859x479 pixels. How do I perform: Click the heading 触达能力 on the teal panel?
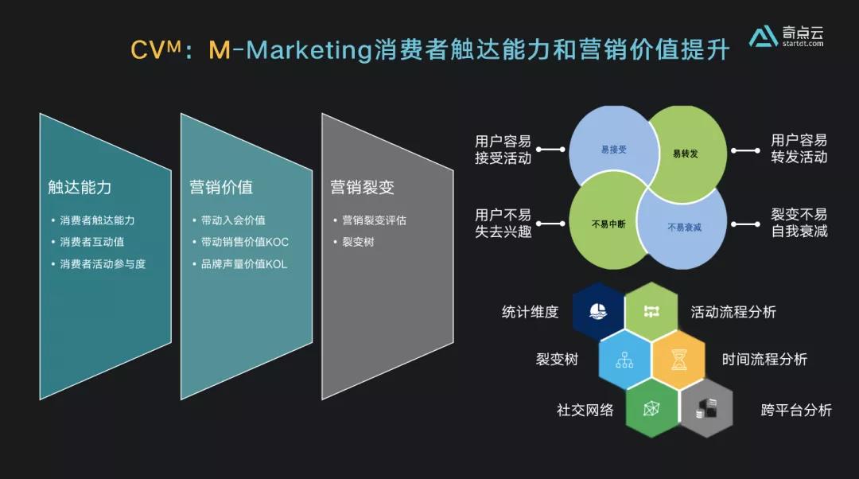[x=80, y=188]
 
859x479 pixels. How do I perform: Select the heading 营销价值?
[x=221, y=188]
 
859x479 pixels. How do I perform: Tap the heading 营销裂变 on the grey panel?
[x=362, y=188]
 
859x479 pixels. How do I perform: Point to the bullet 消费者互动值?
[x=92, y=242]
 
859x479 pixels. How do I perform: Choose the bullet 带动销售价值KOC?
[x=243, y=242]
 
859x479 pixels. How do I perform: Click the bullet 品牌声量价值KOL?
[x=244, y=263]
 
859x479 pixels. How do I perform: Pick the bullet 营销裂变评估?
[x=374, y=220]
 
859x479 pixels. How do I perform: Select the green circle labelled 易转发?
[x=685, y=152]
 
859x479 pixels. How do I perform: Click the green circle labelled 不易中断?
[x=608, y=224]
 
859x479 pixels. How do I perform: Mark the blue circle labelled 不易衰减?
[x=684, y=228]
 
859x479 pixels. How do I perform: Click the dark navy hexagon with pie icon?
[x=598, y=311]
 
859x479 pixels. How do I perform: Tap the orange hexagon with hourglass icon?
[x=678, y=360]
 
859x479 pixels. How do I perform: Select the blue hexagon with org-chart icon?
[x=624, y=360]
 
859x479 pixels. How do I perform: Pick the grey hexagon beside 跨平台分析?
[x=705, y=410]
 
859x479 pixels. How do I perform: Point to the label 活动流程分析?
[x=733, y=312]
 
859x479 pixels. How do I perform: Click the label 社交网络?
[x=585, y=411]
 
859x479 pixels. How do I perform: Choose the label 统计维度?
[x=530, y=312]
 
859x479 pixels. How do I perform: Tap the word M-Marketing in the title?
[x=290, y=50]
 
